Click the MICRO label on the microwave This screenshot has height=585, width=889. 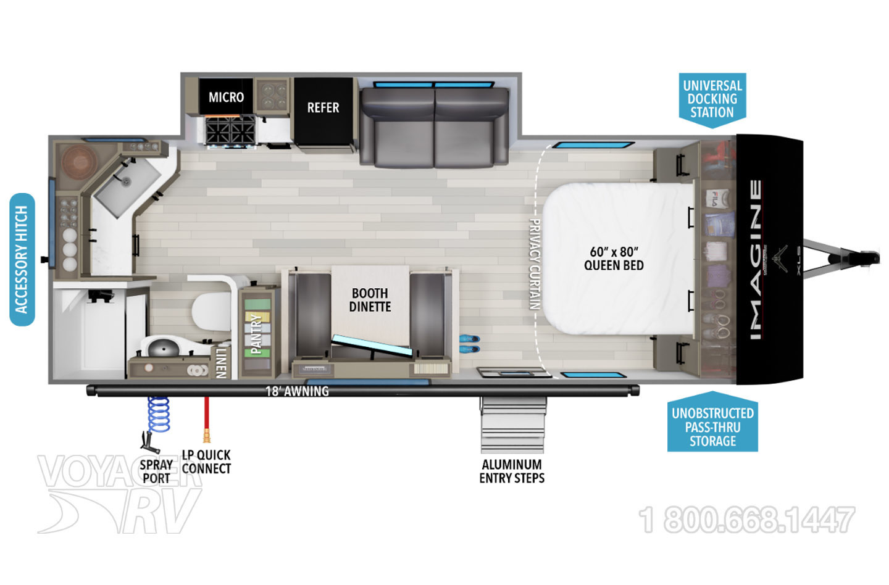coord(226,97)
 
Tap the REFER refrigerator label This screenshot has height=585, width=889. coord(323,107)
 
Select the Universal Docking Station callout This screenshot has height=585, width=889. coord(712,100)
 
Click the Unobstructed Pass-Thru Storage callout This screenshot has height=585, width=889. coord(713,422)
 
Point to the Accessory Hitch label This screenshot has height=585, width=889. coord(22,259)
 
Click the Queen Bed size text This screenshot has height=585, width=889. coord(614,259)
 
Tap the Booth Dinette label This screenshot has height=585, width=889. coord(370,300)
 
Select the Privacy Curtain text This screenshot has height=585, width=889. coord(535,264)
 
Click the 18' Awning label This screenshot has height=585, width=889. coord(298,391)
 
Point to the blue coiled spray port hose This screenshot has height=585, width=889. coord(159,415)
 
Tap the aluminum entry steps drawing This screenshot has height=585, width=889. coord(512,425)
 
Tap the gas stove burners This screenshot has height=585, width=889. coord(230,130)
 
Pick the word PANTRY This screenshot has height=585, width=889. coord(256,334)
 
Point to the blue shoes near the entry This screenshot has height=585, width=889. coord(469,344)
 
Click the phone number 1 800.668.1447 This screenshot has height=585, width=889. coord(746,520)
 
